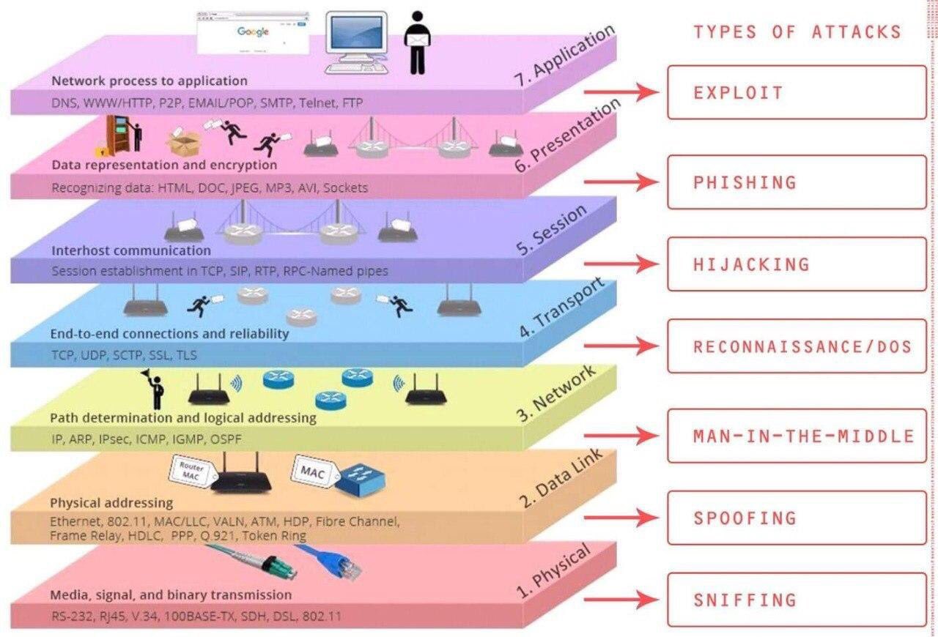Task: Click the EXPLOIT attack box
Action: pos(796,92)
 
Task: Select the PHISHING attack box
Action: pos(796,182)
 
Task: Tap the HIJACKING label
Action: pos(751,264)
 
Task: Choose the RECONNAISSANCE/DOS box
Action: pos(796,346)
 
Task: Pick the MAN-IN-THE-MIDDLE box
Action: pos(796,436)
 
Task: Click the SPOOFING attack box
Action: pos(796,518)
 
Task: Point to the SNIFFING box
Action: pos(796,600)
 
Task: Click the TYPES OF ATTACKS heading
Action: pos(797,32)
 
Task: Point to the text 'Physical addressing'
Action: pos(111,503)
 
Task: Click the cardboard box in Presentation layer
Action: pos(185,139)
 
